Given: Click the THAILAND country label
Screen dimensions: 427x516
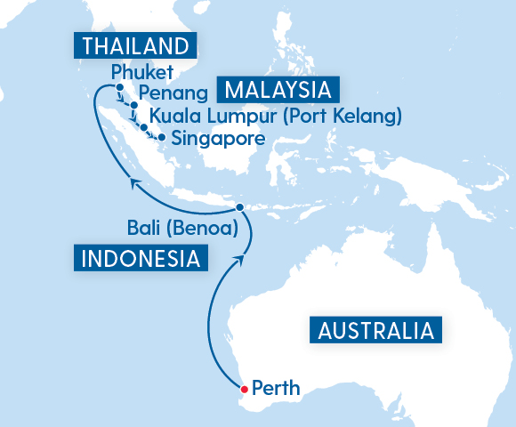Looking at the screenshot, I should [x=134, y=46].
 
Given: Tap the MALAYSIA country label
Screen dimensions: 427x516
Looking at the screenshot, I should [x=280, y=91].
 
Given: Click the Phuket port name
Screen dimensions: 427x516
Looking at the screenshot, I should [x=141, y=72].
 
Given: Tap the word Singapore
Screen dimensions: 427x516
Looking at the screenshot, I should [x=218, y=139].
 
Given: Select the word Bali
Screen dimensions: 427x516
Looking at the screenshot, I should [x=144, y=230].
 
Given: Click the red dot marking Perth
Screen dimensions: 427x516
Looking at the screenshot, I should [x=245, y=388].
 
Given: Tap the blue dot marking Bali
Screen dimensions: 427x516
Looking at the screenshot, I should [x=240, y=207].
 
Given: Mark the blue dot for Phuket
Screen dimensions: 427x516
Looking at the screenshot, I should [x=118, y=86].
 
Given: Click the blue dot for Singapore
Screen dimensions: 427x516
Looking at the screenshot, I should [x=161, y=137].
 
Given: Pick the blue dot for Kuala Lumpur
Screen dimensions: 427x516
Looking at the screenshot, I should [x=143, y=127].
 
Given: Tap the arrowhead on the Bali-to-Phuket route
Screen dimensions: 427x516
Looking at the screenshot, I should [x=134, y=182].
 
